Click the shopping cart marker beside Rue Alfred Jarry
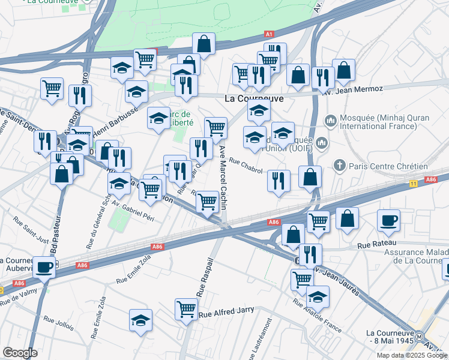click(186, 309)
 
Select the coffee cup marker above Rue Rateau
click(388, 220)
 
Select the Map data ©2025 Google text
click(411, 355)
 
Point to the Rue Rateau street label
click(375, 245)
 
